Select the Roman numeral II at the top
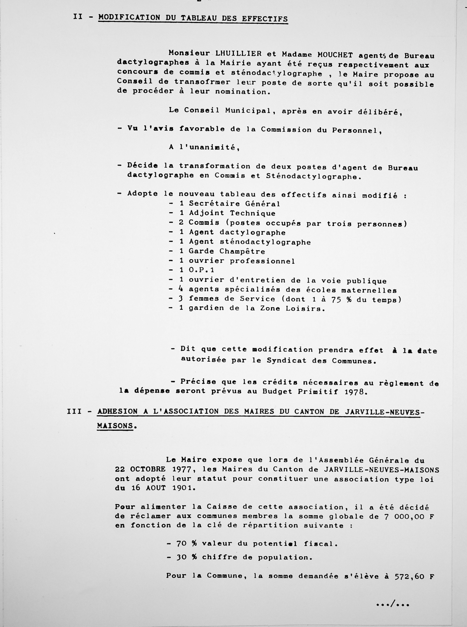point(78,17)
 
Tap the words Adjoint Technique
point(232,213)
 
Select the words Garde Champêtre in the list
point(227,251)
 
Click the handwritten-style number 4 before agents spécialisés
point(181,289)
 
